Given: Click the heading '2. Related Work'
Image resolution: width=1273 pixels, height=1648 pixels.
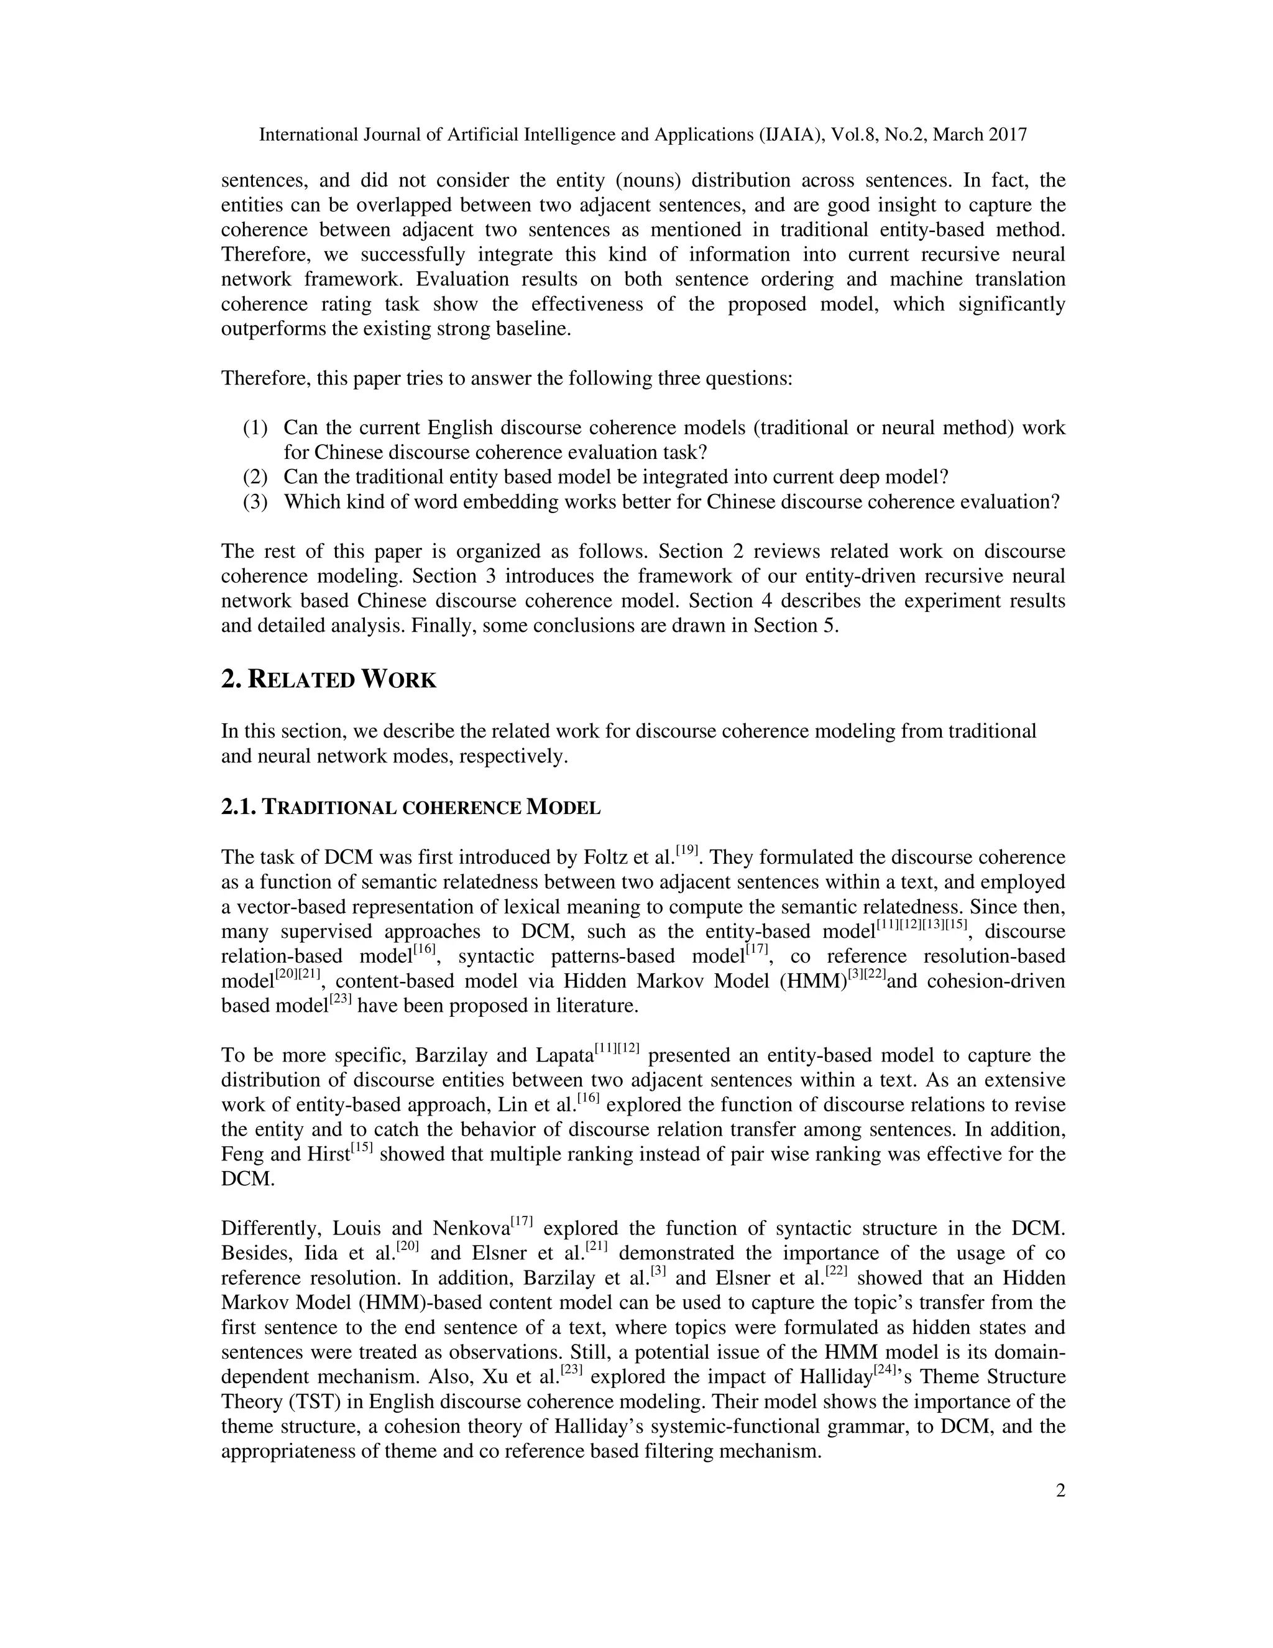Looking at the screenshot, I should [x=329, y=680].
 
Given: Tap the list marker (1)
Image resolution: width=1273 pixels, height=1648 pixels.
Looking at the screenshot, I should [x=255, y=428].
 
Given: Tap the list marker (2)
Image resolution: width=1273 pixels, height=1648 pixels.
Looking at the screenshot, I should [x=255, y=477].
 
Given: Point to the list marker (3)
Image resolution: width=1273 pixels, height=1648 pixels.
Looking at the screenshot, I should [x=255, y=502].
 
